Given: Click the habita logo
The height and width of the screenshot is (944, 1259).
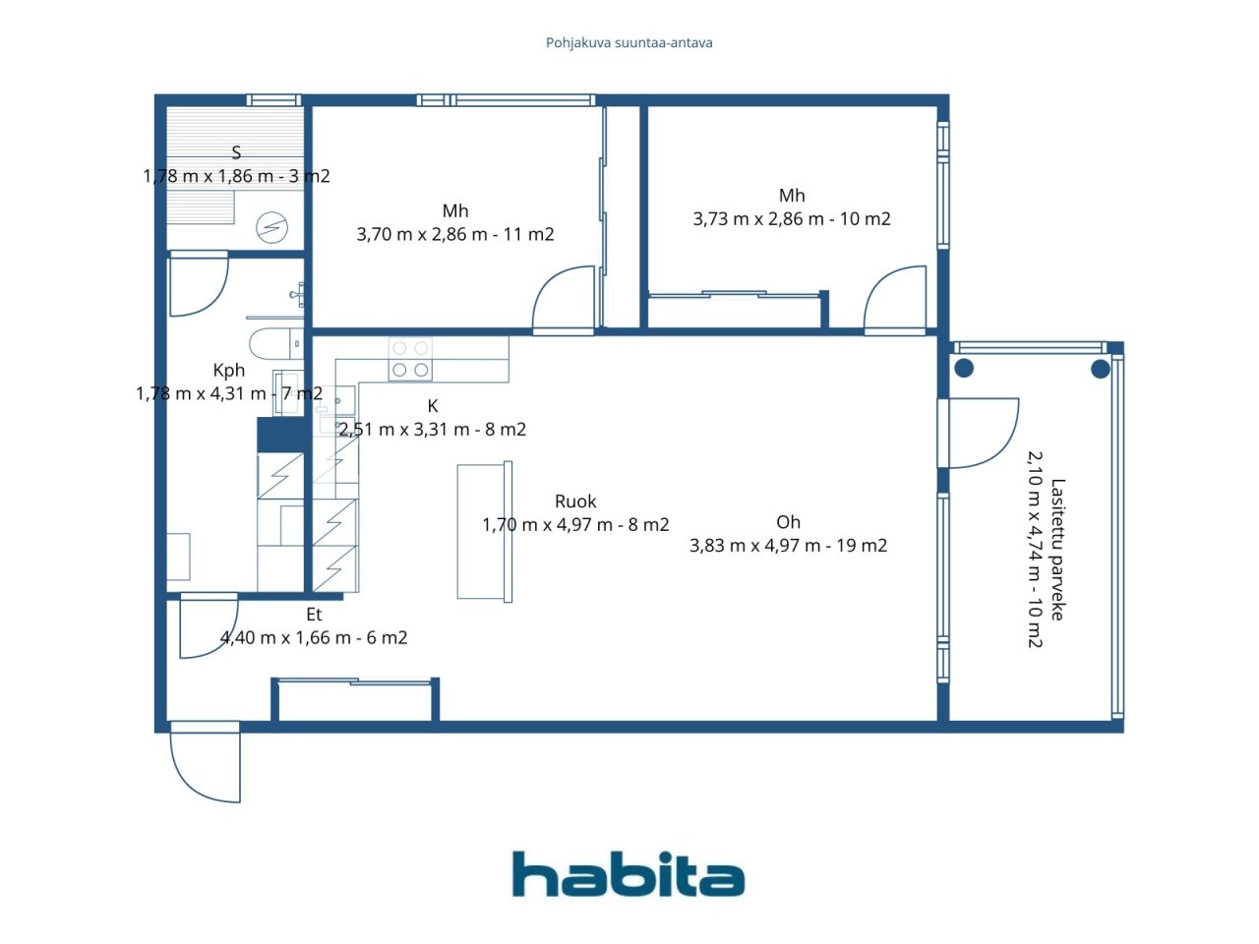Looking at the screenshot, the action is pyautogui.click(x=629, y=873).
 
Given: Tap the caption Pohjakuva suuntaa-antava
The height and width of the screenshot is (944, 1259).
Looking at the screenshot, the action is pyautogui.click(x=629, y=43).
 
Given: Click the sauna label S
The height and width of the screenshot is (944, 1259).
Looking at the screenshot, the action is pyautogui.click(x=236, y=152).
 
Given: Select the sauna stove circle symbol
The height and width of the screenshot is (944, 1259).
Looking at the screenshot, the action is pyautogui.click(x=271, y=227).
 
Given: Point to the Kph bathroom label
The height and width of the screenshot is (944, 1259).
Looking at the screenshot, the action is pyautogui.click(x=229, y=371).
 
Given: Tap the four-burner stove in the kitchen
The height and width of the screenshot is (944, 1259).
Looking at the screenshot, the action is pyautogui.click(x=410, y=359).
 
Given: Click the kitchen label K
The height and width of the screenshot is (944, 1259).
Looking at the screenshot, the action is pyautogui.click(x=433, y=406).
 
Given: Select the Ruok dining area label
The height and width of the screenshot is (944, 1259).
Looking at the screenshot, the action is pyautogui.click(x=575, y=501).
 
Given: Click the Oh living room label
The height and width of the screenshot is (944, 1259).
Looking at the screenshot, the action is pyautogui.click(x=788, y=522).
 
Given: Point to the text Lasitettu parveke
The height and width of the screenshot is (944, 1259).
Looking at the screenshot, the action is pyautogui.click(x=1057, y=550).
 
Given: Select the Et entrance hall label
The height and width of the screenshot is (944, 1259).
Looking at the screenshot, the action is pyautogui.click(x=314, y=615).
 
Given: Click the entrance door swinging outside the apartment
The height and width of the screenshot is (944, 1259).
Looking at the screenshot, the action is pyautogui.click(x=206, y=762).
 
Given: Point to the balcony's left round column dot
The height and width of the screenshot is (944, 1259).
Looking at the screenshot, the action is pyautogui.click(x=964, y=369).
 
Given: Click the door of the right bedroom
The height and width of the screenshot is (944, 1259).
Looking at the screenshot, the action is pyautogui.click(x=894, y=300).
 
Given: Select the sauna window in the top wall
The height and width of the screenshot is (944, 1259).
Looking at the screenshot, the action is pyautogui.click(x=273, y=100).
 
